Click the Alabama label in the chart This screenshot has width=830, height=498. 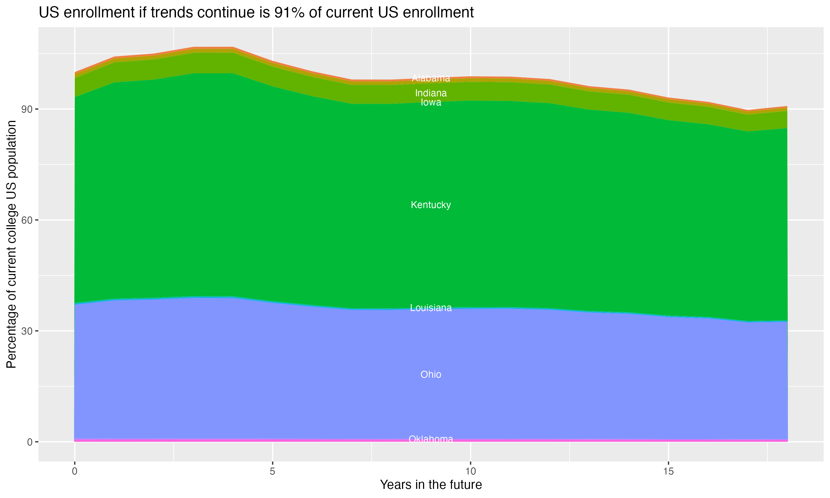point(431,78)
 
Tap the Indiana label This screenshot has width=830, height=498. point(431,93)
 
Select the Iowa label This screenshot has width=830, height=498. point(431,102)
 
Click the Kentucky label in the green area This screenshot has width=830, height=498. point(431,205)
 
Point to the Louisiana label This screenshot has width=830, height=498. point(431,308)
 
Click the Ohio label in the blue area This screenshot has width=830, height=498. point(431,375)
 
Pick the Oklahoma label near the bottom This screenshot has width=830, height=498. point(431,439)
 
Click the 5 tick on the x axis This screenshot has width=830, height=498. point(273,471)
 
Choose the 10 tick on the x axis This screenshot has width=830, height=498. point(470,471)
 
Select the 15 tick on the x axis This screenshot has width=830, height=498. point(668,471)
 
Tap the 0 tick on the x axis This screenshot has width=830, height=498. point(74,471)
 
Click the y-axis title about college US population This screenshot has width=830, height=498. point(11,244)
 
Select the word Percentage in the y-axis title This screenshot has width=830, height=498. point(11,336)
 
